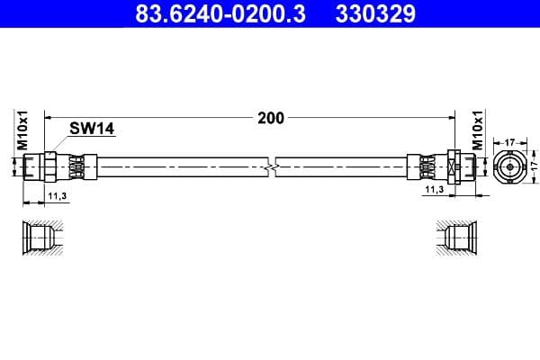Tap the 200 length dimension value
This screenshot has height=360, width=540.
pyautogui.click(x=270, y=118)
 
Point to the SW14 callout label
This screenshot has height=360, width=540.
pyautogui.click(x=93, y=130)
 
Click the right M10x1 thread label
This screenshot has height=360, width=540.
pyautogui.click(x=478, y=131)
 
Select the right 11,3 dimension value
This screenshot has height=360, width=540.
pyautogui.click(x=434, y=190)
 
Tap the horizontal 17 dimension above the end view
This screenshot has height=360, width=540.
pyautogui.click(x=509, y=141)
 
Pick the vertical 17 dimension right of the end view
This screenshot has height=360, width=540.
pyautogui.click(x=532, y=166)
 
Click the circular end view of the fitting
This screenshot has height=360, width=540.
pyautogui.click(x=509, y=166)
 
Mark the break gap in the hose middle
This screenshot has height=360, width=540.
pyautogui.click(x=273, y=166)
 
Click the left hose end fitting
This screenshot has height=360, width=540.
pyautogui.click(x=58, y=166)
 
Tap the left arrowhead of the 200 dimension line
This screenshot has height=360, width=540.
pyautogui.click(x=49, y=118)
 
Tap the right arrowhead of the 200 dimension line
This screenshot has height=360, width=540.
pyautogui.click(x=447, y=118)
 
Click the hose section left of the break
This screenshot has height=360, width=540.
pyautogui.click(x=180, y=166)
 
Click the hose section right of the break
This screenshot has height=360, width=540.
pyautogui.click(x=342, y=166)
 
